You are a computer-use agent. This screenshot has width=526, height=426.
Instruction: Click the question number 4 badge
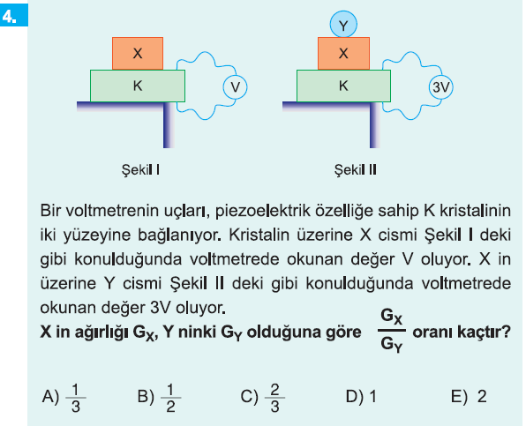pos(14,16)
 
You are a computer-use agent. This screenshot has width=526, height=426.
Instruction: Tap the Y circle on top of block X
pos(343,25)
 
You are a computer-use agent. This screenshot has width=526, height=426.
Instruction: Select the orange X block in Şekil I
pos(138,54)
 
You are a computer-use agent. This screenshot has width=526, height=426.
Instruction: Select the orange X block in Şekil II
pos(343,54)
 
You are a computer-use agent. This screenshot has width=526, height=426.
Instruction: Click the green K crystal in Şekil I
pos(138,86)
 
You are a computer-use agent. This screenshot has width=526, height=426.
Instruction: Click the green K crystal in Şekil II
pos(343,86)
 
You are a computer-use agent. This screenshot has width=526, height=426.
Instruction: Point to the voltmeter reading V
pos(235,87)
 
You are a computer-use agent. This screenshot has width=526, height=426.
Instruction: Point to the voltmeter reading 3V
pos(440,87)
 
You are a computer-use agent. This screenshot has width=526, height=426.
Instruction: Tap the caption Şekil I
pos(140,170)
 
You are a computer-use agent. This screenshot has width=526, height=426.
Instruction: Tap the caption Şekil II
pos(356,170)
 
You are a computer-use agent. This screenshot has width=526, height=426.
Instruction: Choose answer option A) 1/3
pos(64,398)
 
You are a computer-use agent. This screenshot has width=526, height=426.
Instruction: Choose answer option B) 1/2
pos(160,398)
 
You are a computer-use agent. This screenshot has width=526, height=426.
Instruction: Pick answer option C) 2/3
pos(263,398)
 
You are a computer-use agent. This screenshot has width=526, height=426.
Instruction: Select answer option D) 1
pos(361,397)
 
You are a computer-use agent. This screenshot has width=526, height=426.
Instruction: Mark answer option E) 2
pos(469,397)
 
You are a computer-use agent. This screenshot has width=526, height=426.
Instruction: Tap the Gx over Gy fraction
pos(391,331)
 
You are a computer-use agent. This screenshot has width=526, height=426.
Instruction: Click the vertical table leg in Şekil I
pos(169,125)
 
